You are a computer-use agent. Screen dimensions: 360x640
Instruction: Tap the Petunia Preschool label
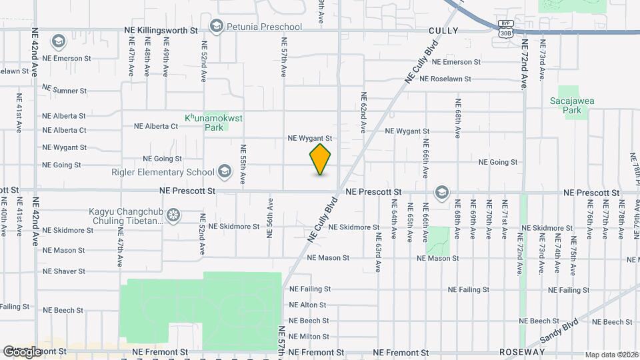click(264, 27)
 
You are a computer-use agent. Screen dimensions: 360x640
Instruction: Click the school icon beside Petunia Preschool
click(215, 27)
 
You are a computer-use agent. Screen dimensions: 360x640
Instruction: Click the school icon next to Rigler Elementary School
click(225, 172)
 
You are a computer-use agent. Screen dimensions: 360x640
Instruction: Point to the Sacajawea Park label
click(572, 107)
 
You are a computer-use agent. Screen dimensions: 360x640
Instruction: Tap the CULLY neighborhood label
click(443, 31)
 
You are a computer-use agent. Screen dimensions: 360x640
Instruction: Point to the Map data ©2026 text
click(611, 355)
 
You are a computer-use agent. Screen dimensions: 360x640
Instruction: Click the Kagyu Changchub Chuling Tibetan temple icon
click(173, 215)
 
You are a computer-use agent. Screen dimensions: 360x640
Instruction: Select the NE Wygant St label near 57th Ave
click(309, 139)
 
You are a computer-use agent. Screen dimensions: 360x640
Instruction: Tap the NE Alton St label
click(307, 305)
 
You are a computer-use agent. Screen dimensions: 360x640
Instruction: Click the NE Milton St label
click(309, 337)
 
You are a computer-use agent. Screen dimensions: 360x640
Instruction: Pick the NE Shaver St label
click(63, 271)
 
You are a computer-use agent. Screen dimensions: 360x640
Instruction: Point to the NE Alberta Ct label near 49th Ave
click(156, 126)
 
